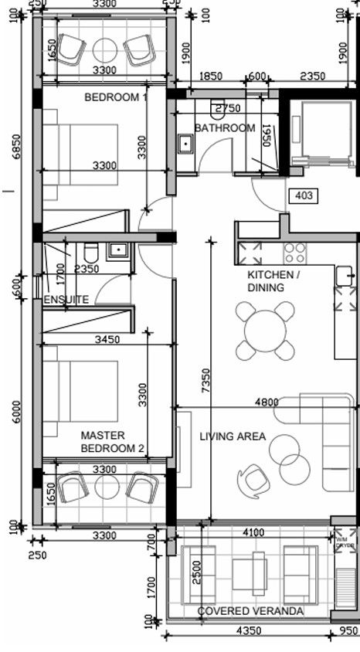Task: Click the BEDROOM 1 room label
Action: click(x=115, y=97)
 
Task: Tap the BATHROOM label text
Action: click(x=224, y=127)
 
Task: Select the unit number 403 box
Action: click(x=304, y=196)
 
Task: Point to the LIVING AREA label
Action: click(x=233, y=436)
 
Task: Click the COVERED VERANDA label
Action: click(x=250, y=611)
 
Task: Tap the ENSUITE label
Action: click(x=66, y=299)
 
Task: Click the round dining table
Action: click(x=264, y=331)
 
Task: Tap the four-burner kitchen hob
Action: click(x=294, y=252)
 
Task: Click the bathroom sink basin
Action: click(x=185, y=144)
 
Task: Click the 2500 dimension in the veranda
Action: click(x=199, y=572)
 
